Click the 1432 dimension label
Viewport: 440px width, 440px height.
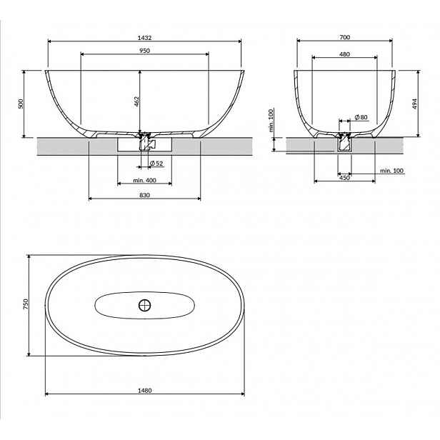144,38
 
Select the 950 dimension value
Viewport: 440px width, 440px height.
144,51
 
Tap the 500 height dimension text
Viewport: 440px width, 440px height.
21,104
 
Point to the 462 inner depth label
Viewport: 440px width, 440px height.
136,101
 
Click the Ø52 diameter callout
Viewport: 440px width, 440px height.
156,164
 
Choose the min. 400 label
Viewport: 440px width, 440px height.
144,181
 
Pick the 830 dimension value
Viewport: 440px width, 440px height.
144,195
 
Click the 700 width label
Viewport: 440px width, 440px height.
344,37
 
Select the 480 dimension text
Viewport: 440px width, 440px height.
344,54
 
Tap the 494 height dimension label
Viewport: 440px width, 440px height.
415,104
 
